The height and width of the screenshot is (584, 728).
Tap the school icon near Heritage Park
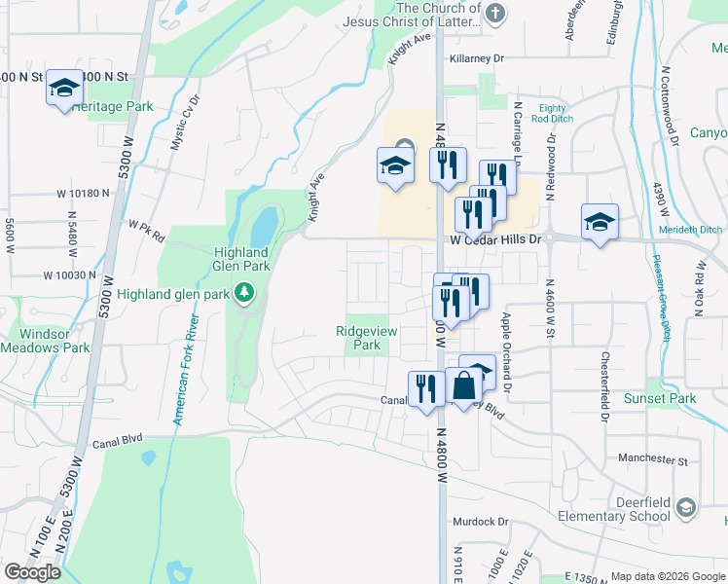point(64,88)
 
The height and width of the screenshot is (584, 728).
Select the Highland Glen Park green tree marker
point(244,292)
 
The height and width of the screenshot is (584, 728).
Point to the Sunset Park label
point(660,398)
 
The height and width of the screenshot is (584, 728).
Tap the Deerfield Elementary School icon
point(685,508)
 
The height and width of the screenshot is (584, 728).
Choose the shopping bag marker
point(463,386)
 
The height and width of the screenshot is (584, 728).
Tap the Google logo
point(32,572)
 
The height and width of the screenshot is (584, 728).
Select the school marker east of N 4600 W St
point(599,222)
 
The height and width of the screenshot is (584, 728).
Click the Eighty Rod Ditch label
point(552,113)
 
